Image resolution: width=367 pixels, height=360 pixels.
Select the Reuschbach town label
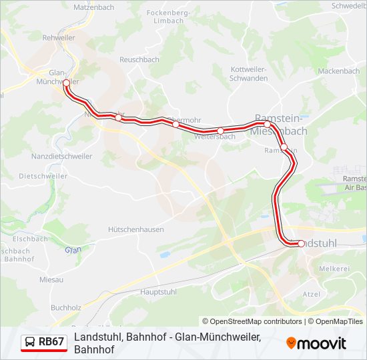click(139, 59)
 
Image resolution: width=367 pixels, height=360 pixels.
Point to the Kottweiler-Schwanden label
click(248, 73)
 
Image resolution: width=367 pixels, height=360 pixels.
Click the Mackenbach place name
click(338, 71)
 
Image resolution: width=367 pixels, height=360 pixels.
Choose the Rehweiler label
click(58, 38)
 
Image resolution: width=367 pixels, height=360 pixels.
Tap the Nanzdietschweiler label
click(61, 156)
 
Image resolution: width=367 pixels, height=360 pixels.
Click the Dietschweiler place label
click(43, 176)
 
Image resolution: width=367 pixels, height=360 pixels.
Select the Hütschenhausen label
click(136, 229)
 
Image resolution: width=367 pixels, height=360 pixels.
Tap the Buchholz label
click(65, 308)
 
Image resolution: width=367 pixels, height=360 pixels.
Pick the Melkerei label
click(334, 268)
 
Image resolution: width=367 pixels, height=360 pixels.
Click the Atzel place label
click(312, 294)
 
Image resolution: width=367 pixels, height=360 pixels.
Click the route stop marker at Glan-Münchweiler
click(66, 83)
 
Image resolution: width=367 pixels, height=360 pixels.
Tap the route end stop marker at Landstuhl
click(301, 244)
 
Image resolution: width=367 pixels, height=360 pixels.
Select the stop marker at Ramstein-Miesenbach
click(267, 124)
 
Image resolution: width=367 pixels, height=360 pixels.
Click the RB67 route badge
click(44, 343)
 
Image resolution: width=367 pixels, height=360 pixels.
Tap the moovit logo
click(316, 343)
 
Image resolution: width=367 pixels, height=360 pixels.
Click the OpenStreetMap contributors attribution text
click(252, 321)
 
